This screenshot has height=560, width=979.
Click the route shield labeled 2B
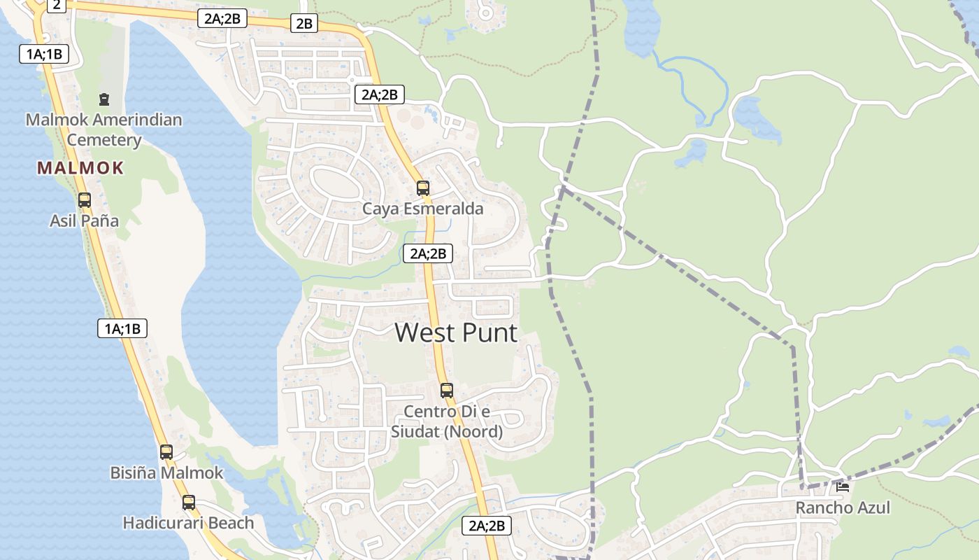(x=304, y=24)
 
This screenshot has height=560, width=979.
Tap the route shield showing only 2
(x=56, y=6)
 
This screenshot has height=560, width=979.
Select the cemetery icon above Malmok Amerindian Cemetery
(x=104, y=99)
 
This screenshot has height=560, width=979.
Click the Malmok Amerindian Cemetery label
(x=104, y=129)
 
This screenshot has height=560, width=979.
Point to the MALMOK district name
(x=80, y=168)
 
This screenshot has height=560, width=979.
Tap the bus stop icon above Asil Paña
(x=85, y=200)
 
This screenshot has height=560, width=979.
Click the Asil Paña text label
(x=84, y=221)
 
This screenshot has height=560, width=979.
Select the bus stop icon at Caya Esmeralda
(x=423, y=188)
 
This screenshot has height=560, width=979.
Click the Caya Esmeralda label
(x=422, y=209)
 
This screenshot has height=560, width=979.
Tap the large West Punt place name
(x=456, y=332)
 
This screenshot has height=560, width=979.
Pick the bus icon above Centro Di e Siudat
(x=447, y=391)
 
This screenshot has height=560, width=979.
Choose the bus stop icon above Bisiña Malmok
(x=166, y=452)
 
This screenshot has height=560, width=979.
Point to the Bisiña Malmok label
(x=166, y=473)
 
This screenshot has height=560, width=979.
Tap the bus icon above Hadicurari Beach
(x=189, y=503)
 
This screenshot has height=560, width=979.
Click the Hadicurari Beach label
(x=188, y=523)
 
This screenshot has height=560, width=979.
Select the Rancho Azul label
(x=843, y=508)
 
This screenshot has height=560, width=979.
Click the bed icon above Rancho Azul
(x=843, y=487)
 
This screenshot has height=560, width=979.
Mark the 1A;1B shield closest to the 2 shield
(x=44, y=54)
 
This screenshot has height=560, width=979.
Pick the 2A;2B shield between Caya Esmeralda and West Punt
(x=428, y=253)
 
